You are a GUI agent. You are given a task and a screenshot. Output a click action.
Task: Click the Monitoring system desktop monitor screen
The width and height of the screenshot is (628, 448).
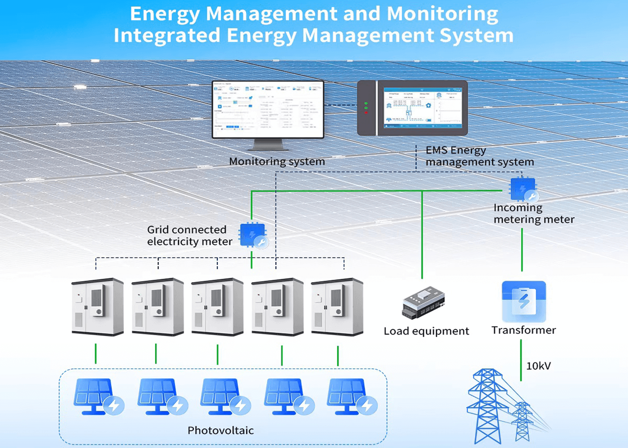point(268,110)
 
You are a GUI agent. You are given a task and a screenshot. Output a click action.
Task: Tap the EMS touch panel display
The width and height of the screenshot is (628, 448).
point(422,108)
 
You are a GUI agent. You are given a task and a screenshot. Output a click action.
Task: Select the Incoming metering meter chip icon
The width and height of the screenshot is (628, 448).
point(523,190)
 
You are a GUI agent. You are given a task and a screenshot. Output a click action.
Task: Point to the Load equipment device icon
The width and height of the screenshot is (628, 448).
point(423,303)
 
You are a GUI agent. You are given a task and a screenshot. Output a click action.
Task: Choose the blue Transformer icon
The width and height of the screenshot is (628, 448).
point(523,301)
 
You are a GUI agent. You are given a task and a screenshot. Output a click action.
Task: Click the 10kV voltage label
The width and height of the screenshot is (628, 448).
point(538,366)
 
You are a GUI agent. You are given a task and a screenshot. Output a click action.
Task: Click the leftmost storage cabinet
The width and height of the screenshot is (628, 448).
point(97,307)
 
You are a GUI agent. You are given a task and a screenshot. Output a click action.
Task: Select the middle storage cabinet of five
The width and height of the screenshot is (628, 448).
point(218,307)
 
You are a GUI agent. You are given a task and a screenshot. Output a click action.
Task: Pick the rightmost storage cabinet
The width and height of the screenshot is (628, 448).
point(337,307)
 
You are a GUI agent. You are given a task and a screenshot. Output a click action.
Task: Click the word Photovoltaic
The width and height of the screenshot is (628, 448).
point(220,431)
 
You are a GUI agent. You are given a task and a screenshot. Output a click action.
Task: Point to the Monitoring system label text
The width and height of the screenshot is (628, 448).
point(277,161)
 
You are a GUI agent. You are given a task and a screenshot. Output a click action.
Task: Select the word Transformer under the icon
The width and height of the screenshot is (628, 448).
point(523,330)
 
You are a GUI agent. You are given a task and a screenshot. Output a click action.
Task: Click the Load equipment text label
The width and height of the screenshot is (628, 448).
point(426,331)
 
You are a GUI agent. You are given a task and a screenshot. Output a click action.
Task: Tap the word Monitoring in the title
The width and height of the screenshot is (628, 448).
point(442,14)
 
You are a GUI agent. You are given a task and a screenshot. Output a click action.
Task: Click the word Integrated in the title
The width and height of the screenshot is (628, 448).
point(167,35)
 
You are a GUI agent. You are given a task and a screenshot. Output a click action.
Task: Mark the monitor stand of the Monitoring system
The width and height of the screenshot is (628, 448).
point(268,145)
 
